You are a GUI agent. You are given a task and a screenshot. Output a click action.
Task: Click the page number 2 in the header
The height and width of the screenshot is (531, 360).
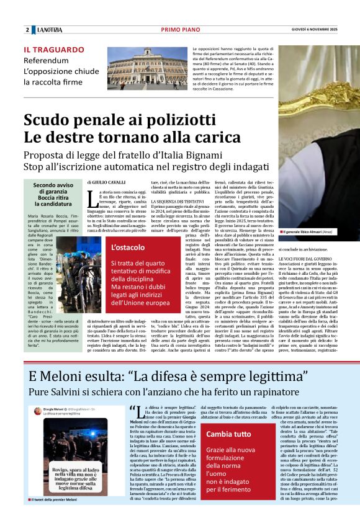coord(27,30)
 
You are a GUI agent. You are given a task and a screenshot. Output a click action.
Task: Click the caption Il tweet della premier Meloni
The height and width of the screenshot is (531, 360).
coord(55,516)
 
